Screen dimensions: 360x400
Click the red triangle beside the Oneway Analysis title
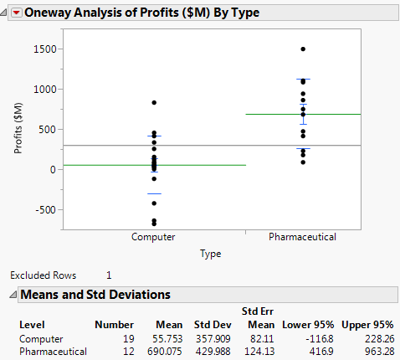[x=16, y=13]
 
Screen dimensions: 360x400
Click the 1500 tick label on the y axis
[x=44, y=49]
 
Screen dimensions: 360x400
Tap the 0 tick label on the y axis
[x=52, y=170]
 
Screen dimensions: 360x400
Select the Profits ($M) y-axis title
[x=18, y=128]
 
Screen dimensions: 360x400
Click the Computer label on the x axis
[x=153, y=237]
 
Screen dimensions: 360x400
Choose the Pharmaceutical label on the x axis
[x=302, y=237]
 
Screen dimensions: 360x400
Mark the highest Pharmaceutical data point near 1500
[x=302, y=49]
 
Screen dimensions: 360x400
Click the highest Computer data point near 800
[x=154, y=103]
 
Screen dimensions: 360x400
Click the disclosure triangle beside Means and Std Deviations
[x=13, y=294]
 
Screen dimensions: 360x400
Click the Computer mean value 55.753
[x=167, y=338]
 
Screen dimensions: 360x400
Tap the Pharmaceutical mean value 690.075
[x=164, y=352]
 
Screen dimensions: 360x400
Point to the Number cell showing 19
[x=127, y=338]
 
